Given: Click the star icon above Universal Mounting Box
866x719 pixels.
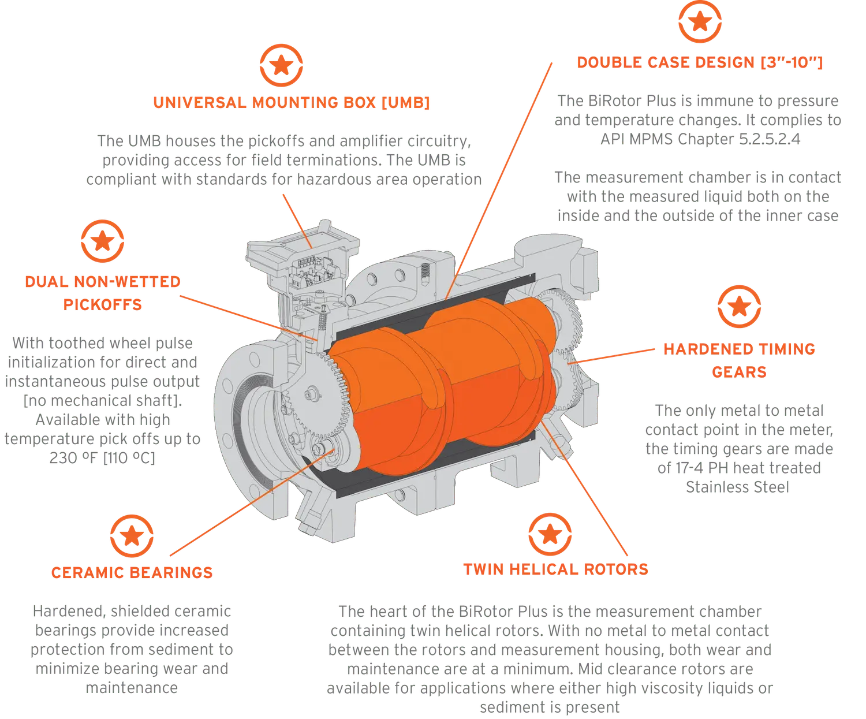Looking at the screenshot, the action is (x=281, y=65).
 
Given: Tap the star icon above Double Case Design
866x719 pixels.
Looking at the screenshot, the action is (x=700, y=21).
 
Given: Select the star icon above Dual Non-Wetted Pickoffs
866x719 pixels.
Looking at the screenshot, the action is (x=102, y=241).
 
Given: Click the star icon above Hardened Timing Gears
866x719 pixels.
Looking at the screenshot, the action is (x=739, y=307).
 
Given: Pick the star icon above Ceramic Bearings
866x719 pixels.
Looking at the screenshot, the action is (x=132, y=536).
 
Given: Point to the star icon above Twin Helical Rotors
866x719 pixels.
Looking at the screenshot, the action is (x=550, y=534).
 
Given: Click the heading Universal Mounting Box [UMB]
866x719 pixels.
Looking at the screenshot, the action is (x=292, y=102).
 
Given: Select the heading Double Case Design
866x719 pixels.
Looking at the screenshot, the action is (x=700, y=62).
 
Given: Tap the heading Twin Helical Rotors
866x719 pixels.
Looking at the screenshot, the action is (x=556, y=569).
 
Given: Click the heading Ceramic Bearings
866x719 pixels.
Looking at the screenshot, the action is (x=132, y=572).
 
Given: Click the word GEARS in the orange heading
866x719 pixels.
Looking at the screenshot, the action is (x=739, y=372).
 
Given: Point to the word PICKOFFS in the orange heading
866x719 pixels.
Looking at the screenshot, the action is (x=102, y=305).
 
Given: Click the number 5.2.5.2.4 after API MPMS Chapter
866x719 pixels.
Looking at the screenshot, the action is (x=770, y=139).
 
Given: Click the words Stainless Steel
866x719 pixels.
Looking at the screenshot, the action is (x=737, y=487).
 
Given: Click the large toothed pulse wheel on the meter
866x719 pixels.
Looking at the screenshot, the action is (x=318, y=396).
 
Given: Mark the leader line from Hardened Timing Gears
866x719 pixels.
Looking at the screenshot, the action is (x=611, y=356).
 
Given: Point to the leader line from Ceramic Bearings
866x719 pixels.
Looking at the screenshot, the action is (x=252, y=502).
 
